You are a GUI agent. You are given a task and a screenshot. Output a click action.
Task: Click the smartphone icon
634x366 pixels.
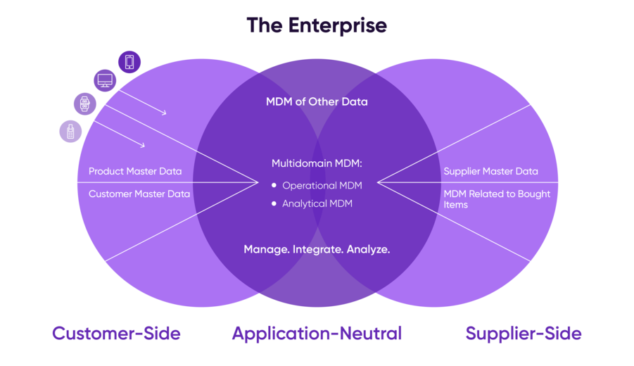pos(129,62)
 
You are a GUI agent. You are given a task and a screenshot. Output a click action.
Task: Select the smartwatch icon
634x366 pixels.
pos(85,104)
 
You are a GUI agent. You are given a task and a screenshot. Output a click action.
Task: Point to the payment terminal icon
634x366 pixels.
pos(70,131)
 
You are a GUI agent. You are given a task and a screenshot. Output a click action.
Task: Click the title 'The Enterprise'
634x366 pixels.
pos(317,26)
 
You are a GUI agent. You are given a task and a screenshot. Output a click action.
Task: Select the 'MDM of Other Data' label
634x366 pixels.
pos(317,101)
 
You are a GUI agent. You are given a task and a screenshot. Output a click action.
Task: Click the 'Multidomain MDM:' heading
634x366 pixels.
pos(317,163)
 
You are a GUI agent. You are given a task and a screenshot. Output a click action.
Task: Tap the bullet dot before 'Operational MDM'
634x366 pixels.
pos(274,186)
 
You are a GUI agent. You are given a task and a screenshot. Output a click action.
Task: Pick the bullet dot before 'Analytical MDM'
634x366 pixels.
pos(274,204)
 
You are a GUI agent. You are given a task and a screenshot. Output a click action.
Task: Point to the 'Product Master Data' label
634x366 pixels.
pos(135,172)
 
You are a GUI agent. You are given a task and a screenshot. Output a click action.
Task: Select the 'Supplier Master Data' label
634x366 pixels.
pos(490,171)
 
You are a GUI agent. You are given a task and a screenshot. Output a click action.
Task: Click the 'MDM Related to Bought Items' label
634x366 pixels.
pos(496,199)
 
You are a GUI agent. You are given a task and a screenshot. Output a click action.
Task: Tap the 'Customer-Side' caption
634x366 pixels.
pos(116,333)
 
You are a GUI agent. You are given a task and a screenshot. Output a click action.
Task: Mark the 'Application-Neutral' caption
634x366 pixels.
pos(317,333)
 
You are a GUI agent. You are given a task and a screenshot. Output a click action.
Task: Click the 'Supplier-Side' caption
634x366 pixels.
pos(524,333)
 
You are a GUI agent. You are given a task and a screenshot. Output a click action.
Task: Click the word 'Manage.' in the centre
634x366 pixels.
pos(265,249)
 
